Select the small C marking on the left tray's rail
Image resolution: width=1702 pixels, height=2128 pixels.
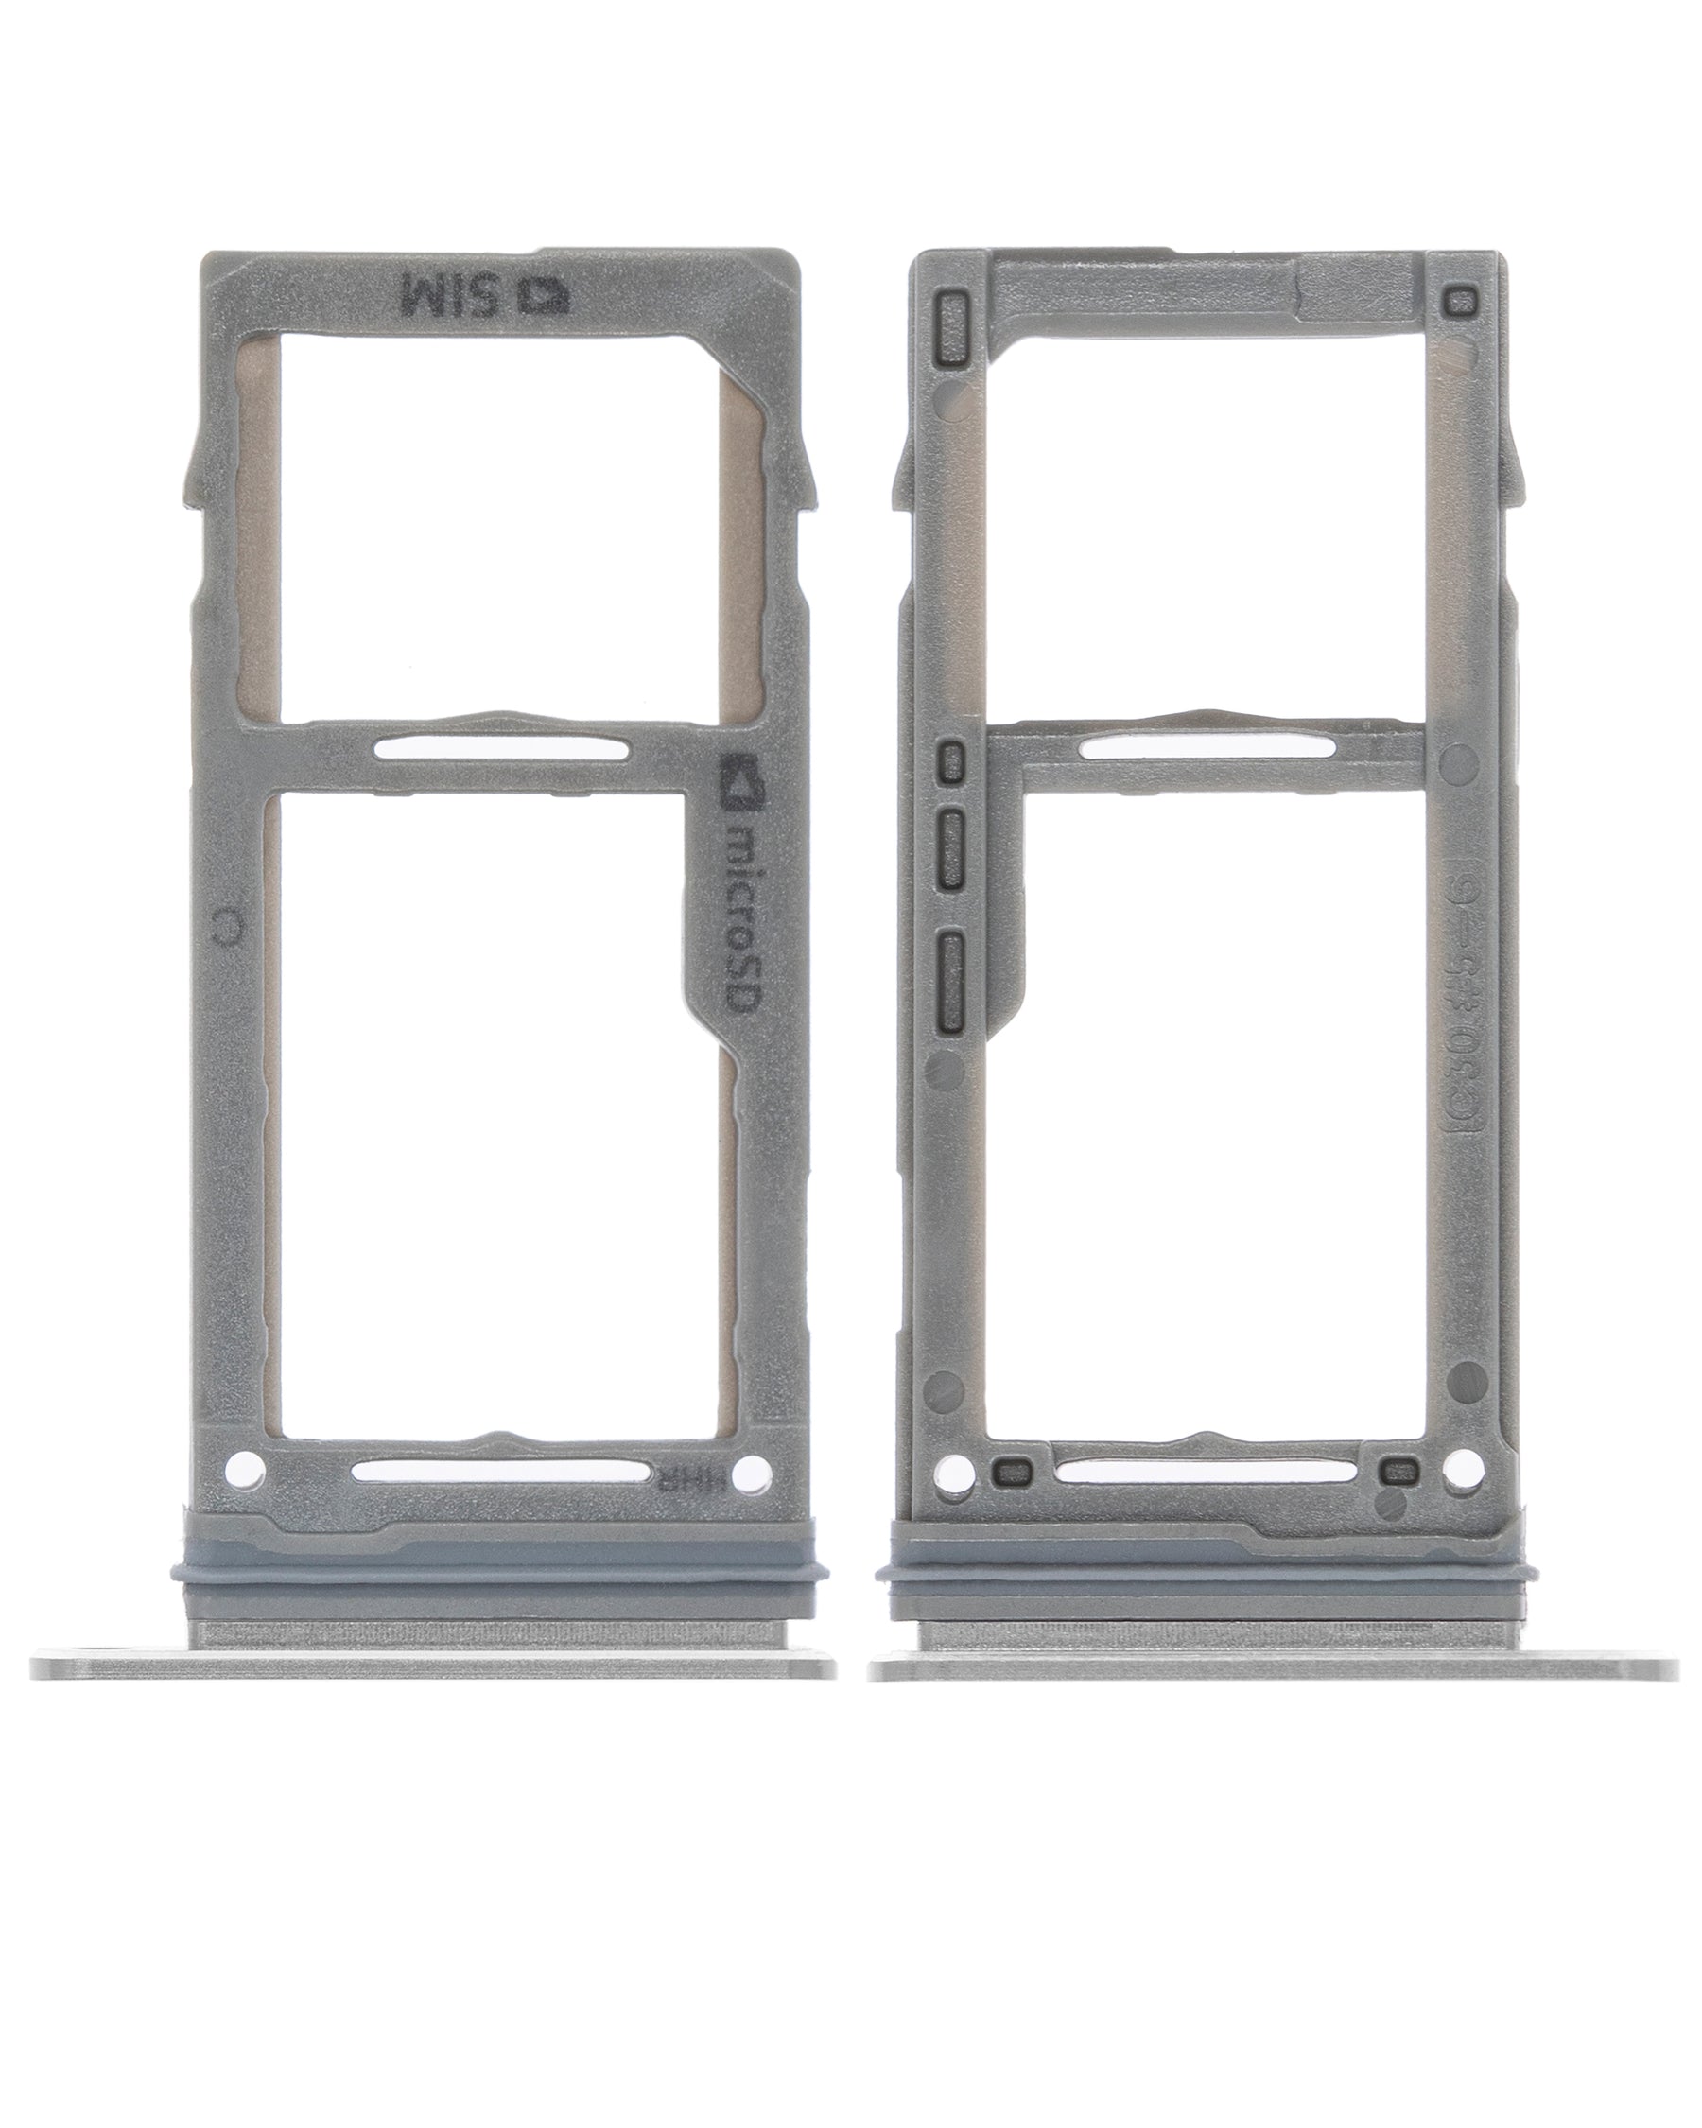coord(229,925)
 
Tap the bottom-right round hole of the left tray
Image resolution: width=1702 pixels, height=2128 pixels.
coord(755,1472)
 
